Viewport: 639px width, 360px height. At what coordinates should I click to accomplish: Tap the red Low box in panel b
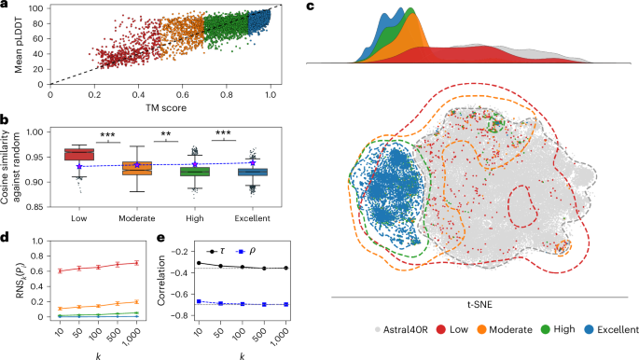coord(77,153)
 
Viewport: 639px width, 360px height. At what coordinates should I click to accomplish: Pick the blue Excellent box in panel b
coord(253,172)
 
